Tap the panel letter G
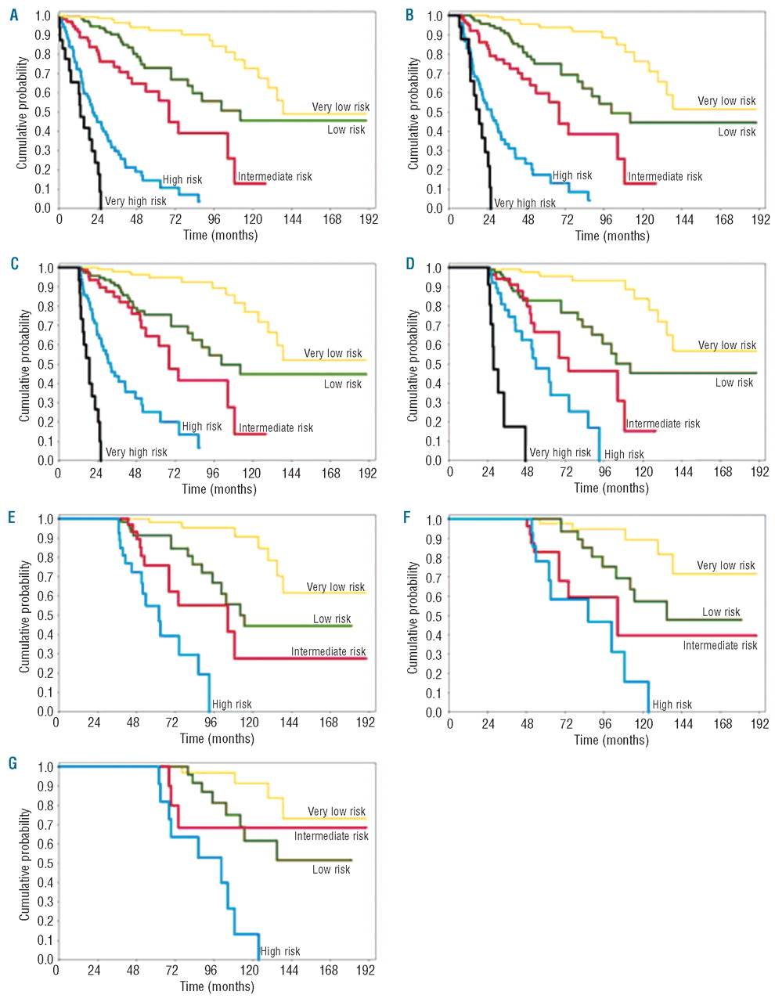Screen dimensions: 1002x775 [13, 762]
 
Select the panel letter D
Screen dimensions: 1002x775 [410, 264]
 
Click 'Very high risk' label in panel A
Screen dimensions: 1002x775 [135, 201]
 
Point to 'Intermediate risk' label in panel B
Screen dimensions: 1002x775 [665, 176]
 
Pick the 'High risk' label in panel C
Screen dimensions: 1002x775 [202, 427]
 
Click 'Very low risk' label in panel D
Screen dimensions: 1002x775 [726, 345]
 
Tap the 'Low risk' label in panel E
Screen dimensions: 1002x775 [332, 618]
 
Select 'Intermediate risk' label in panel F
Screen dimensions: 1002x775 [719, 646]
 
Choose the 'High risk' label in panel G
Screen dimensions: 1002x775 [280, 951]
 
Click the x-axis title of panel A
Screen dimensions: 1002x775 [220, 235]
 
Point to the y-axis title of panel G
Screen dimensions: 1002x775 [24, 864]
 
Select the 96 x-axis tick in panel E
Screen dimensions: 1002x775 [210, 723]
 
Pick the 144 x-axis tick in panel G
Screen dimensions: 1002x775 [289, 971]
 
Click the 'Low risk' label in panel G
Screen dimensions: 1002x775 [331, 870]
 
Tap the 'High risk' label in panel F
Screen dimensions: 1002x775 [672, 705]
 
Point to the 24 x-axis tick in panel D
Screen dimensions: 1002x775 [488, 472]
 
